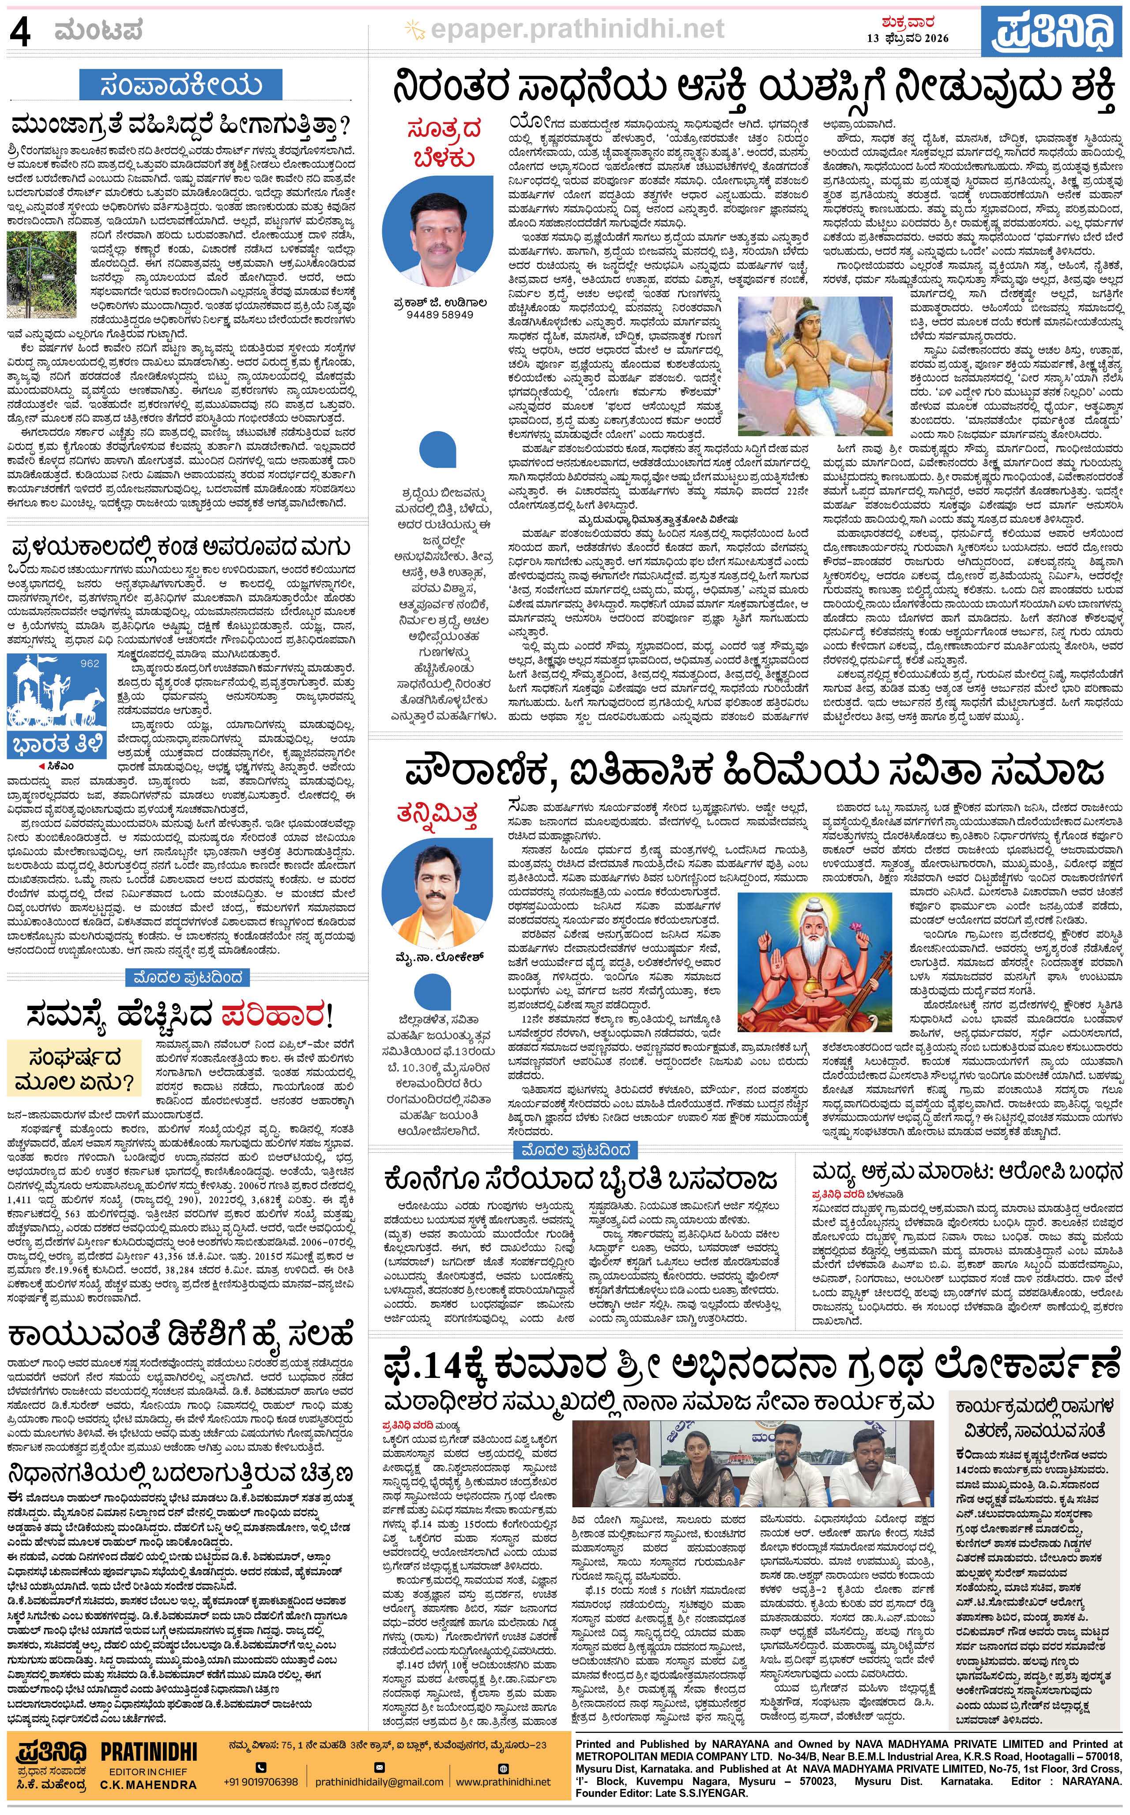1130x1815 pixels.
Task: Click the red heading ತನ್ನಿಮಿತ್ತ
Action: tap(442, 816)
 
